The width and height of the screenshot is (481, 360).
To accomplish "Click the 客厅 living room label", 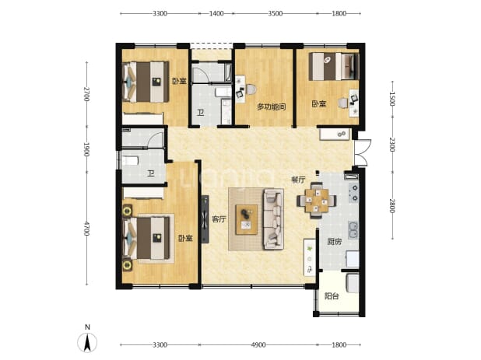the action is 219,219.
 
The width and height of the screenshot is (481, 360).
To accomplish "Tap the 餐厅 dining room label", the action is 298,180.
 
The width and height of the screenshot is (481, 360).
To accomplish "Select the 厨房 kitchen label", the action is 334,242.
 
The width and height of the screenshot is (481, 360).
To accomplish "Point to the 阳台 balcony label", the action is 332,296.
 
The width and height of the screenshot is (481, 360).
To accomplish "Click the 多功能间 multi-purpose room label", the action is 272,107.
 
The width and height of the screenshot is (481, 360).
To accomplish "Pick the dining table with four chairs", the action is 316,201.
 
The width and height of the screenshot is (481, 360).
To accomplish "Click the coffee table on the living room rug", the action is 246,220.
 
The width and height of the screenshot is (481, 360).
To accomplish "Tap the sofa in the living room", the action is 273,218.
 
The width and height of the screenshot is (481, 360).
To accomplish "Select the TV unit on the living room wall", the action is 205,219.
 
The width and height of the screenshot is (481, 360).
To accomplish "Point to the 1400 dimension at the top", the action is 216,13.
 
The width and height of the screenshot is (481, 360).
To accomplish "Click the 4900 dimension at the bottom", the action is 258,345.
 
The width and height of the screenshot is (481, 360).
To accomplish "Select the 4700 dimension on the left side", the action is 86,229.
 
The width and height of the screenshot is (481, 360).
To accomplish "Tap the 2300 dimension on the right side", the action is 392,145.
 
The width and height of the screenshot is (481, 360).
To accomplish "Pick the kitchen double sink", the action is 353,230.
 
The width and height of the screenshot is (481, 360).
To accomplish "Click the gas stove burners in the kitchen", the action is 353,194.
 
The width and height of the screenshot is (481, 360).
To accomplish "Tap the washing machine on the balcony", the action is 353,283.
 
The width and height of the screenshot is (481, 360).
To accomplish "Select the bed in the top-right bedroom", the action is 334,67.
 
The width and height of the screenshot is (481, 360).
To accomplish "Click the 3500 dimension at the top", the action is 276,13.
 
